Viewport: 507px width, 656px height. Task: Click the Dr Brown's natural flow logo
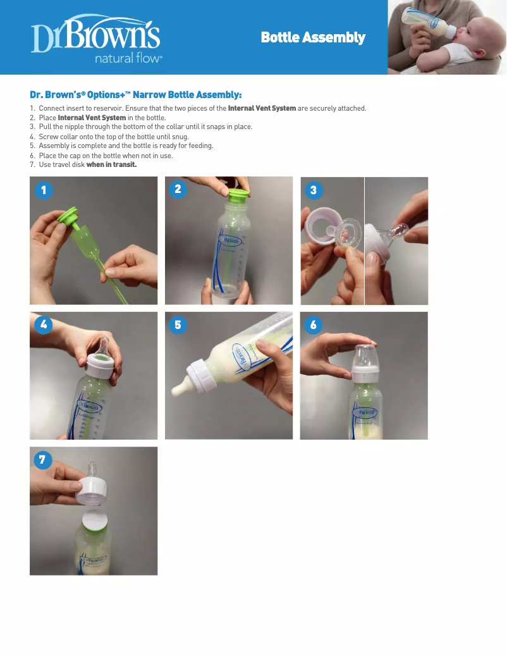pyautogui.click(x=96, y=39)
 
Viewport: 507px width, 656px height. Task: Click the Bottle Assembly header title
pyautogui.click(x=313, y=37)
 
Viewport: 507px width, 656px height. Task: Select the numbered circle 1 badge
pyautogui.click(x=44, y=190)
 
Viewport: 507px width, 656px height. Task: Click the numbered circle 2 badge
pyautogui.click(x=178, y=189)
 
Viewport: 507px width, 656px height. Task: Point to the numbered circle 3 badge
pyautogui.click(x=314, y=190)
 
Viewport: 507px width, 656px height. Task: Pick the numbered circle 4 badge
pyautogui.click(x=44, y=325)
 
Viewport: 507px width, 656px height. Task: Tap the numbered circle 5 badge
pyautogui.click(x=178, y=325)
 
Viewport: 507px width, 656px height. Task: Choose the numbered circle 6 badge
pyautogui.click(x=314, y=325)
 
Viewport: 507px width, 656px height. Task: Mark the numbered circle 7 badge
pyautogui.click(x=42, y=460)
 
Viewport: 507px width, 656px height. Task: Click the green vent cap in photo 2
pyautogui.click(x=239, y=194)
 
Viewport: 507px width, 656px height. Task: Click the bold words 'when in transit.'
pyautogui.click(x=112, y=165)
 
